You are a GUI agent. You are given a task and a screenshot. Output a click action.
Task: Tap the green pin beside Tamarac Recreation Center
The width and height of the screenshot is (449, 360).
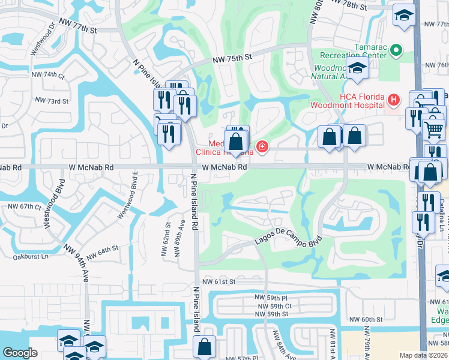point(396,50)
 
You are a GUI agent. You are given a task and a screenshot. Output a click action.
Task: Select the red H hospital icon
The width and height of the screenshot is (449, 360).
point(393,100)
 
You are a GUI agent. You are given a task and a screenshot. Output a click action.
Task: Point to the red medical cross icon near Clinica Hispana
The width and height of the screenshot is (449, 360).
point(261,146)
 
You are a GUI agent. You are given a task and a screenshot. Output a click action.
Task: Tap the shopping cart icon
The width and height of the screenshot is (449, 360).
point(433,128)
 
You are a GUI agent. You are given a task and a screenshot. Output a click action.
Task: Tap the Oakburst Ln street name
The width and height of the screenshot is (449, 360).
point(30,256)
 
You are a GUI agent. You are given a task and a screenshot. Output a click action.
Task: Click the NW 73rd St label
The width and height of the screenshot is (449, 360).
point(52,101)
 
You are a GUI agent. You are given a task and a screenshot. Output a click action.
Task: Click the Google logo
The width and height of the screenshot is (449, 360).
point(20,353)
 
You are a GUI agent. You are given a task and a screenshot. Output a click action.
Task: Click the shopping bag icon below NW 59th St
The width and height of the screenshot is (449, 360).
point(205,346)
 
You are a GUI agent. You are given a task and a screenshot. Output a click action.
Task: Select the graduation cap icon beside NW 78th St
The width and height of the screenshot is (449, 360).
point(405,14)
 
